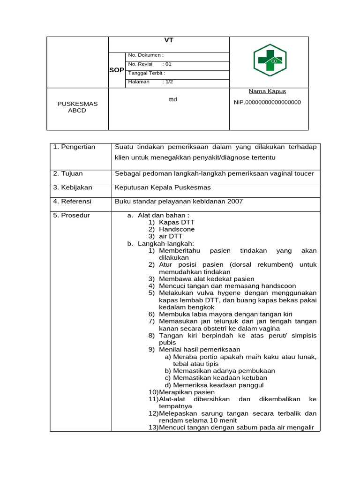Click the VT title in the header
pos(169,40)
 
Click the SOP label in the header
pos(117,70)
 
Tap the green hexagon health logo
pos(270,60)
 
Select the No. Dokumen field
pos(146,55)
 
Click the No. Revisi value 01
pos(167,64)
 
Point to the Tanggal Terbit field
pos(147,73)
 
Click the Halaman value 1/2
pos(167,82)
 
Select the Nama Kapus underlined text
pos(267,91)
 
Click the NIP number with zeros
pos(267,102)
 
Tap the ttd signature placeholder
pos(173,99)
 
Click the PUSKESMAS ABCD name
pos(77,107)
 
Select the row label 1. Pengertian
pos(74,147)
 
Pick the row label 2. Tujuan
pos(68,174)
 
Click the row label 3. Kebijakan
pos(73,187)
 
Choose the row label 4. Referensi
pos(72,202)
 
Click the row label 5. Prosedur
pos(71,216)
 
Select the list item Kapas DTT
pos(176,222)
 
